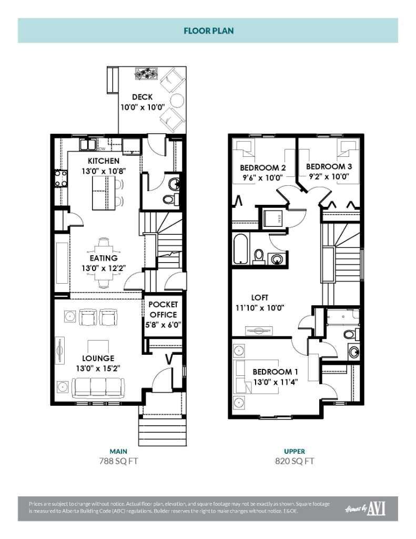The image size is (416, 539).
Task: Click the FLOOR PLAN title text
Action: pyautogui.click(x=208, y=31)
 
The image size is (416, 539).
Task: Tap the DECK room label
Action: pyautogui.click(x=142, y=97)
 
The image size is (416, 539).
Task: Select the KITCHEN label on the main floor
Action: pyautogui.click(x=104, y=161)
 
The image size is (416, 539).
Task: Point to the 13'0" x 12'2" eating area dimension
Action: pyautogui.click(x=103, y=268)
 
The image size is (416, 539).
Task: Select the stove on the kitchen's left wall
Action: pyautogui.click(x=59, y=179)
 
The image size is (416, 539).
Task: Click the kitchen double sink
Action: pyautogui.click(x=87, y=145)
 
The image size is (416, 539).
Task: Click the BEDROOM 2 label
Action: pyautogui.click(x=263, y=168)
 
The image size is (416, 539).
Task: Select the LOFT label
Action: pyautogui.click(x=260, y=297)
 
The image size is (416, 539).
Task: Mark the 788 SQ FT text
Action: pyautogui.click(x=119, y=461)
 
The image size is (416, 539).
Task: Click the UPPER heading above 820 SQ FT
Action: pyautogui.click(x=295, y=451)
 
